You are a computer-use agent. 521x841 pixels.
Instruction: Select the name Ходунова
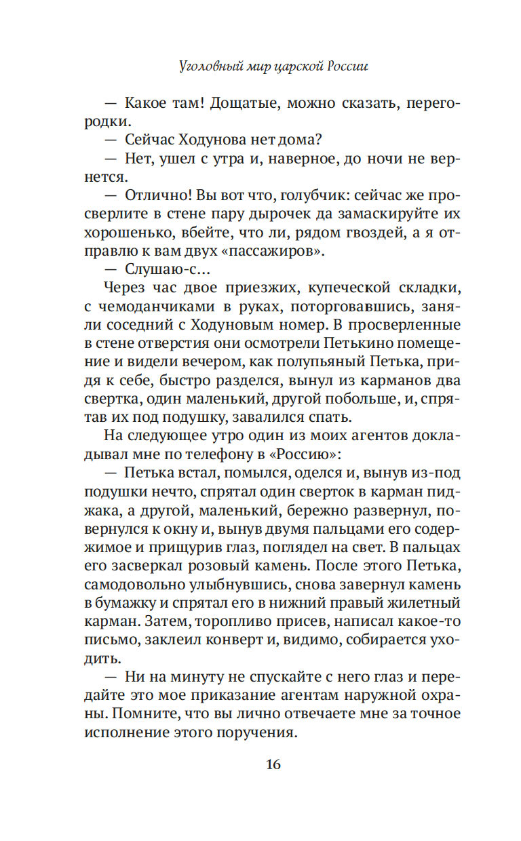[x=218, y=140]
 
